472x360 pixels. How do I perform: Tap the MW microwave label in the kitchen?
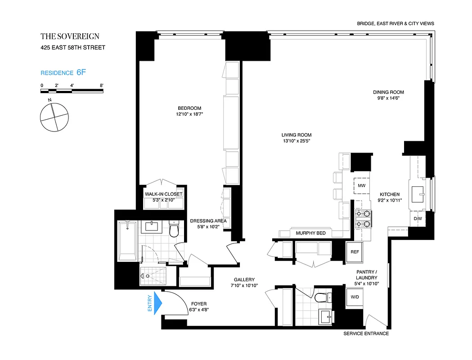click(x=361, y=185)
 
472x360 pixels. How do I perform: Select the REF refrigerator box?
click(x=355, y=252)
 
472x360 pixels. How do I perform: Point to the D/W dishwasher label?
click(x=418, y=219)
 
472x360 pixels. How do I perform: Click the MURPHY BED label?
click(x=310, y=233)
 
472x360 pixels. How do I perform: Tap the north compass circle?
click(x=54, y=117)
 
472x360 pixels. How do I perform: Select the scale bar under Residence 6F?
click(x=72, y=91)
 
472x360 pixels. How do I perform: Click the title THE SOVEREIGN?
click(x=70, y=36)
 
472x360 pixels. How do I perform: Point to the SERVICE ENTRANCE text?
click(x=366, y=333)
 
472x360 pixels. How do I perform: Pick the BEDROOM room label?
click(x=189, y=108)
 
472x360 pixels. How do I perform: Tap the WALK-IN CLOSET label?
click(x=163, y=194)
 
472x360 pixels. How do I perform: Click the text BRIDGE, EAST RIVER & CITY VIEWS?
click(x=395, y=23)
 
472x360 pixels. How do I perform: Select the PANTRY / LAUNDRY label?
click(x=367, y=274)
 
